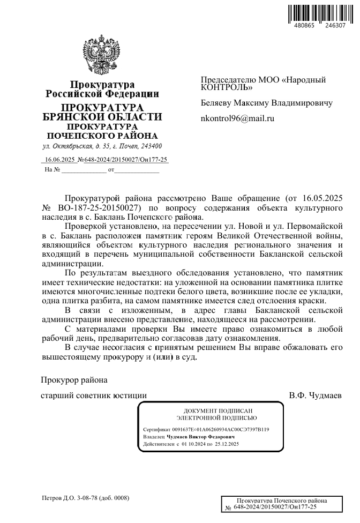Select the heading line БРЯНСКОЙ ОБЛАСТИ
(x=102, y=117)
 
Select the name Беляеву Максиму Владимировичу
(x=266, y=102)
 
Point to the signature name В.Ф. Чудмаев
(x=316, y=395)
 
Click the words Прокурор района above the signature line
(x=74, y=380)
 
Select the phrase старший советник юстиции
(x=94, y=395)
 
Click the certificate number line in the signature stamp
(x=206, y=430)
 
